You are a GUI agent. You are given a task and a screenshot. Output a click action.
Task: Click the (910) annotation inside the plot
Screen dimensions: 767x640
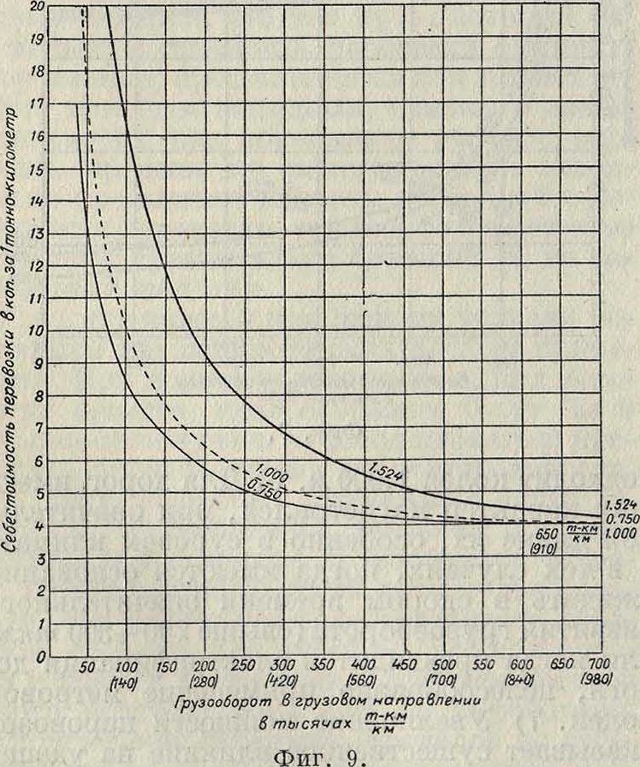click(x=554, y=544)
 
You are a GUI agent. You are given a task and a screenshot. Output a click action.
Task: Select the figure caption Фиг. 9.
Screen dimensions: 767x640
click(x=320, y=748)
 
